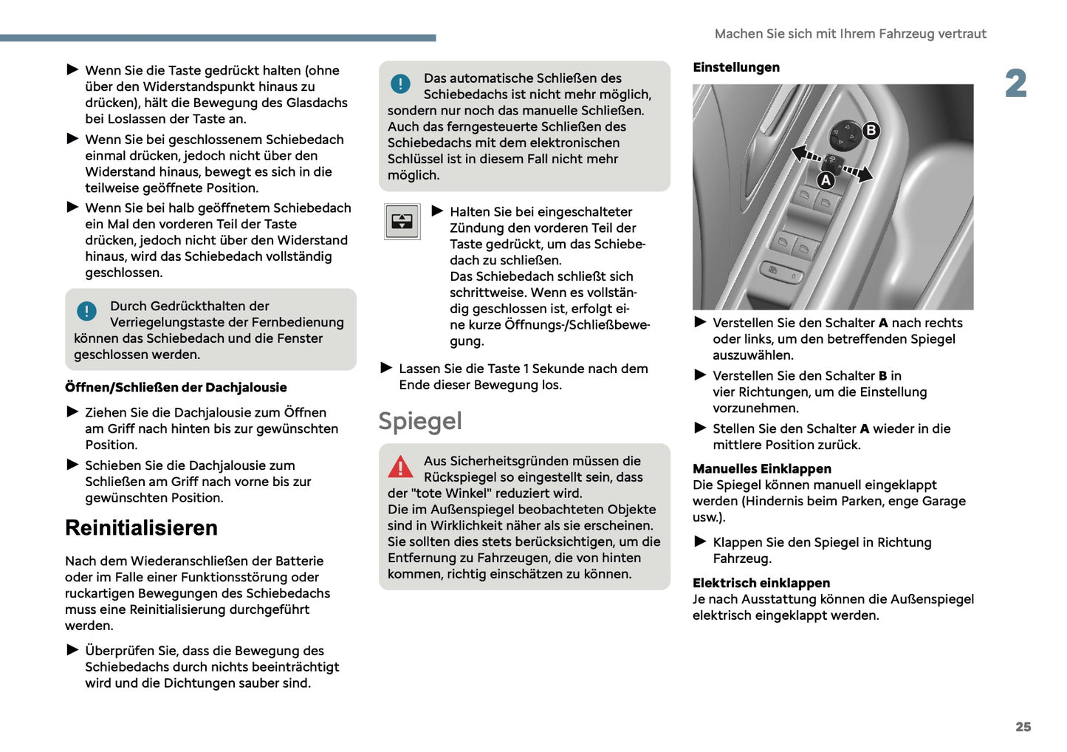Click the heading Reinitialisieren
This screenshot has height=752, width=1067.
pyautogui.click(x=141, y=528)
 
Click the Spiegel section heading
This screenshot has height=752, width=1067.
pyautogui.click(x=419, y=421)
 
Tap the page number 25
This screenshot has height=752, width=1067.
pyautogui.click(x=1023, y=727)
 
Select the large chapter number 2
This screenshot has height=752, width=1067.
pyautogui.click(x=1015, y=83)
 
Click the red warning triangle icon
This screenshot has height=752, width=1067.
pyautogui.click(x=400, y=467)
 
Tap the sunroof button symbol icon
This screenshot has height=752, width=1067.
pyautogui.click(x=402, y=222)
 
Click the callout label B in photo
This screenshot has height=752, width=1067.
pyautogui.click(x=871, y=131)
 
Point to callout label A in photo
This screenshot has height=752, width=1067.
pyautogui.click(x=826, y=180)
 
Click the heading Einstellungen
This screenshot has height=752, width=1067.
pyautogui.click(x=735, y=67)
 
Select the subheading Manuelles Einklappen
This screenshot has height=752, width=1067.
pyautogui.click(x=761, y=468)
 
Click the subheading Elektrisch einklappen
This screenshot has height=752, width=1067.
pyautogui.click(x=761, y=583)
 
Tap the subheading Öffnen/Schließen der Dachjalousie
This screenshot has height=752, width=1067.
pyautogui.click(x=176, y=387)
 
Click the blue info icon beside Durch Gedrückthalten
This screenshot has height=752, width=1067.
pyautogui.click(x=86, y=312)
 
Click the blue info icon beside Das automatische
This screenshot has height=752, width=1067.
pyautogui.click(x=400, y=83)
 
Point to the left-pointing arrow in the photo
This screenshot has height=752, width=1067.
pyautogui.click(x=803, y=154)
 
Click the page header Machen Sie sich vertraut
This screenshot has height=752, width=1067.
pyautogui.click(x=850, y=34)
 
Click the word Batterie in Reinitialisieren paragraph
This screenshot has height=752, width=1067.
pyautogui.click(x=299, y=561)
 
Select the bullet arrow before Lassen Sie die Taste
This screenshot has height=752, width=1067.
pyautogui.click(x=386, y=368)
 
